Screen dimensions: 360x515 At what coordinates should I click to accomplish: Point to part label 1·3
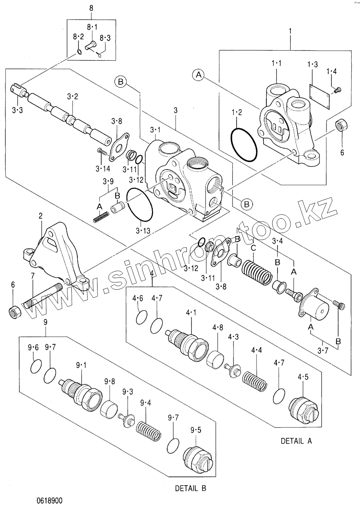[x=312, y=65]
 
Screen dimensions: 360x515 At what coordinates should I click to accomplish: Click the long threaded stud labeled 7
[x=43, y=296]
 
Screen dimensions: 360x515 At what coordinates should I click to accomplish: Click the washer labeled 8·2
[x=79, y=52]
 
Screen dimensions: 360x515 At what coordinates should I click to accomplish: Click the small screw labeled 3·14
[x=101, y=151]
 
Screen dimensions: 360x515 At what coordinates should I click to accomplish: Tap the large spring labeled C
[x=257, y=271]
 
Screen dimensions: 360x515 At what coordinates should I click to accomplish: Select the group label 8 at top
[x=91, y=8]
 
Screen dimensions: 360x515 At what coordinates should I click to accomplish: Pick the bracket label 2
[x=41, y=216]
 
